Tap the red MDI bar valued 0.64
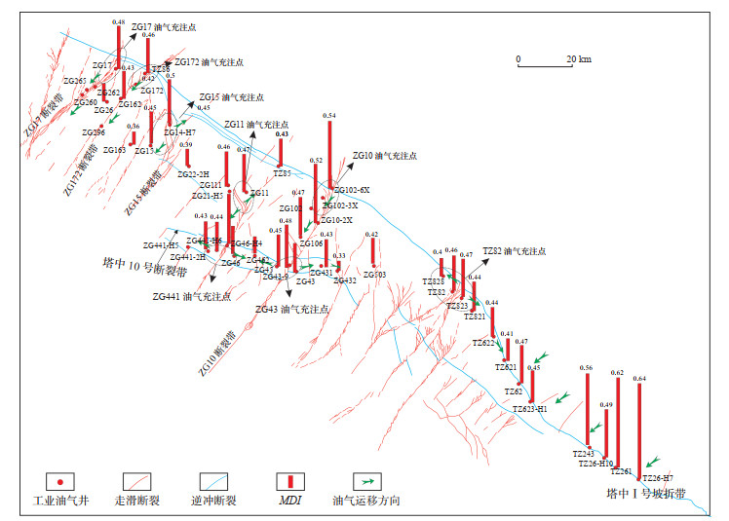coord(639,428)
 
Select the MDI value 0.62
coord(616,372)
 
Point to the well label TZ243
coord(583,453)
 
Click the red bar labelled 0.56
coord(587,409)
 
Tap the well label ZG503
coord(375,275)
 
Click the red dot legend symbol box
coord(61,481)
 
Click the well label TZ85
coord(282,172)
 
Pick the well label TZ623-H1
coord(530,409)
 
